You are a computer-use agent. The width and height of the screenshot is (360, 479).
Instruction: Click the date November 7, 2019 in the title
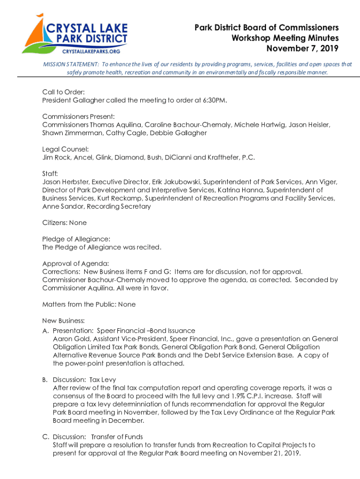pyautogui.click(x=302, y=48)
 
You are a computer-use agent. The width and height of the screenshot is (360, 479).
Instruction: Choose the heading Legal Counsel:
pyautogui.click(x=65, y=149)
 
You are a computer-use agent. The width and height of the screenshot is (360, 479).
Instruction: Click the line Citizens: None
pyautogui.click(x=65, y=223)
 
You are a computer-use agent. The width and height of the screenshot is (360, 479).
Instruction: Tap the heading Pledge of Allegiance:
pyautogui.click(x=76, y=239)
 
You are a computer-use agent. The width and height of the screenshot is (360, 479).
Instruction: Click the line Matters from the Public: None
pyautogui.click(x=89, y=305)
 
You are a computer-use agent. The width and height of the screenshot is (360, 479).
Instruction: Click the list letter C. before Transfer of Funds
pyautogui.click(x=46, y=437)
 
